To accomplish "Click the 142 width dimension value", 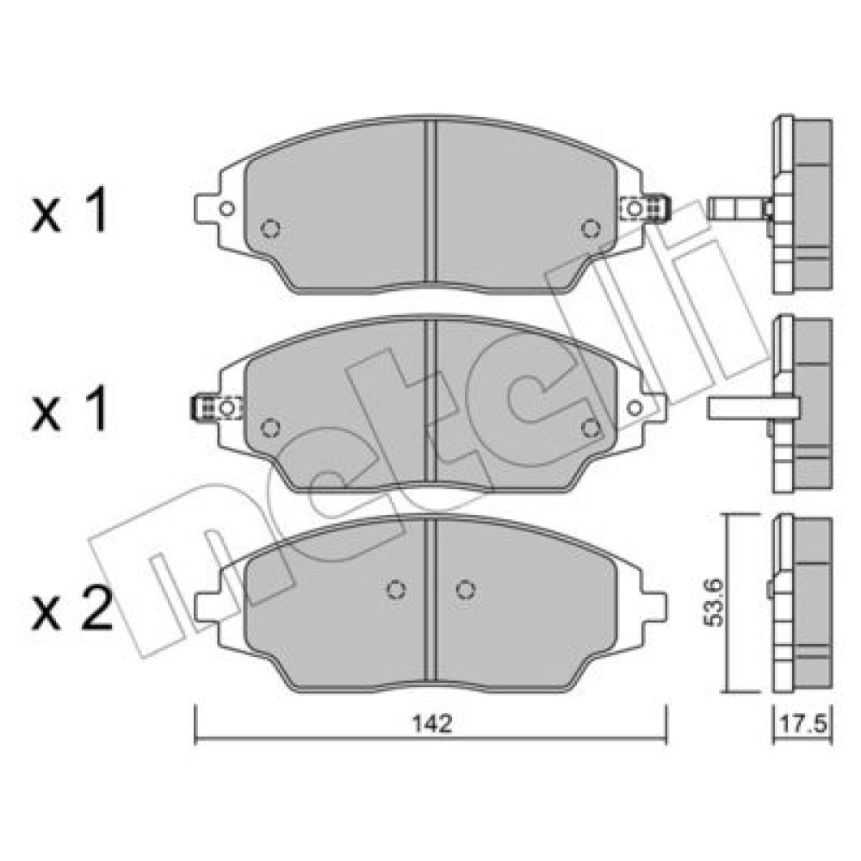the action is coord(432,724).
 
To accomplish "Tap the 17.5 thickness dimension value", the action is coord(803,724).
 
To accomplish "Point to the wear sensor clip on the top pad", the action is coord(645,208).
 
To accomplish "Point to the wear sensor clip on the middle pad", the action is coord(217,407).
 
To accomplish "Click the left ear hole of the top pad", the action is coord(226,208).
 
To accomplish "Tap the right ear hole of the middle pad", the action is coord(635,407).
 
